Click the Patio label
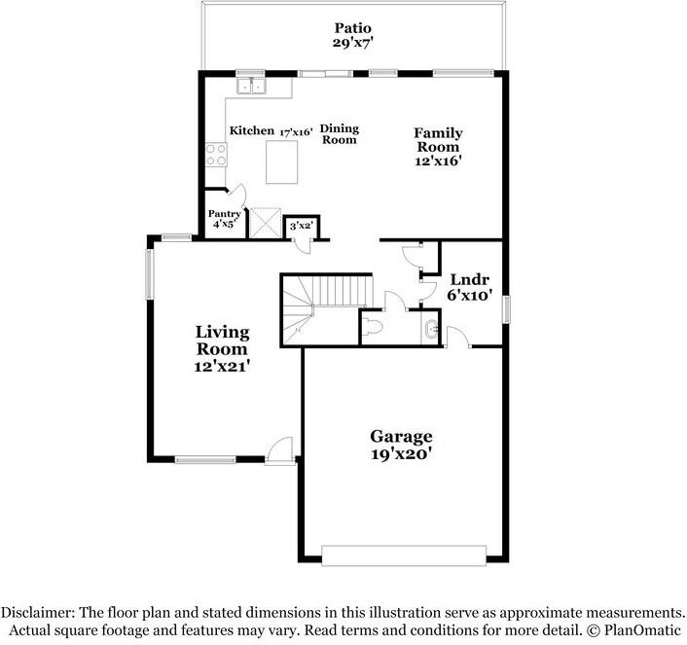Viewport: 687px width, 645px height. coord(352,28)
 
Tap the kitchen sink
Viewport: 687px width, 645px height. coord(251,86)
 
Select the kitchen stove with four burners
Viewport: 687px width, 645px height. coord(216,155)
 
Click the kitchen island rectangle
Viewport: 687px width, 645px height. coord(282,162)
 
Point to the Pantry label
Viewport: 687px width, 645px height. coord(225,214)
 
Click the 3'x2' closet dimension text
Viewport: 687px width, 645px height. coord(301,226)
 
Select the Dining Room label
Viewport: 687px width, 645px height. coord(340,134)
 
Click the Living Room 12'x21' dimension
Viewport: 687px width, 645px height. coord(222,366)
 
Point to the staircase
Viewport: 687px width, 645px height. coord(326,310)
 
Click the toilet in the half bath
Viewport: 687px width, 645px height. coord(374,327)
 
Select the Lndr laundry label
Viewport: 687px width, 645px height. coord(470,279)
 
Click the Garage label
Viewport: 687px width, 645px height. coord(401,437)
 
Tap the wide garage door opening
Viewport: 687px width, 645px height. coord(404,555)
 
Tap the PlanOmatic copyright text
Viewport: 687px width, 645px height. coord(633,630)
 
